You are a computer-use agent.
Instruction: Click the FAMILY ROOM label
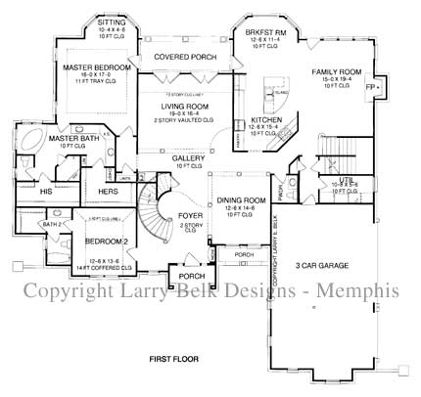point(338,72)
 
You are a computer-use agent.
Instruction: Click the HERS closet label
point(108,192)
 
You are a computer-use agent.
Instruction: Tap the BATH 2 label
point(52,224)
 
